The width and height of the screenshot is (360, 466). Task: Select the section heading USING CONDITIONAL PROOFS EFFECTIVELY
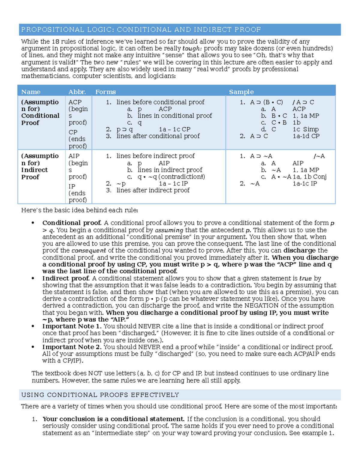coord(100,395)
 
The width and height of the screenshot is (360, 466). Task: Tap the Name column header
coord(31,92)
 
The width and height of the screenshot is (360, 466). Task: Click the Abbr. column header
coord(77,92)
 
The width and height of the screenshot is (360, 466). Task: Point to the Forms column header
coord(105,92)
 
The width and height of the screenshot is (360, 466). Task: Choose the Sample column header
coord(241,92)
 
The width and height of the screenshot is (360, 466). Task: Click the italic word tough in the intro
coord(191,49)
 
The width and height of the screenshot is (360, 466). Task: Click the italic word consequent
coord(88,251)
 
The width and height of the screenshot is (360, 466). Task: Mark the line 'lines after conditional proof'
coord(158,136)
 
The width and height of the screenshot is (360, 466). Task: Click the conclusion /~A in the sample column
coord(319,156)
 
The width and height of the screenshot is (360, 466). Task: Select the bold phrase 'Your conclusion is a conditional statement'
coord(113,419)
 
